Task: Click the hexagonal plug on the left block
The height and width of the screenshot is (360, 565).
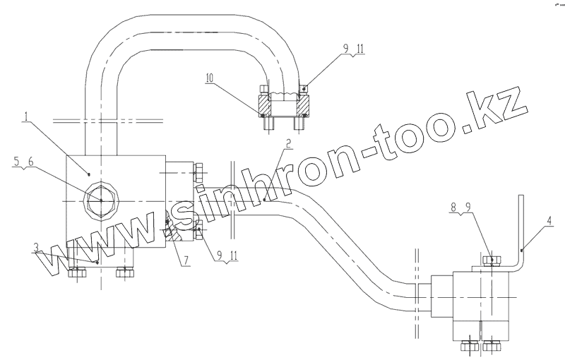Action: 100,201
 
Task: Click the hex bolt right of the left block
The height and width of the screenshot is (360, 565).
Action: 198,173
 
